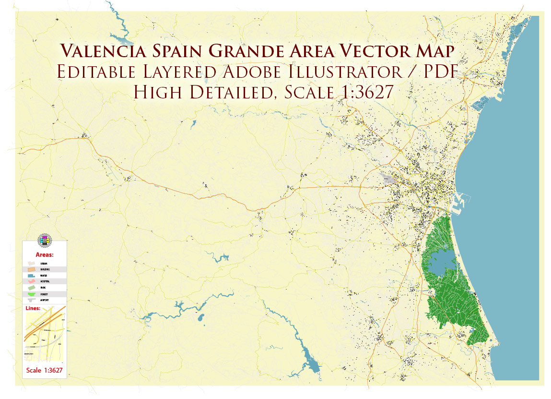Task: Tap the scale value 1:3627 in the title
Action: coord(360,92)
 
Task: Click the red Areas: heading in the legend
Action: coord(45,254)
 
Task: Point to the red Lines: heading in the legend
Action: coord(33,308)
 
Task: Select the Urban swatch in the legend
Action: coord(32,264)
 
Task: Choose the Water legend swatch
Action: coord(32,276)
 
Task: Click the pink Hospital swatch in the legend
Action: coord(32,281)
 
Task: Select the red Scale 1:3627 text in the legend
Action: coord(45,370)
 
